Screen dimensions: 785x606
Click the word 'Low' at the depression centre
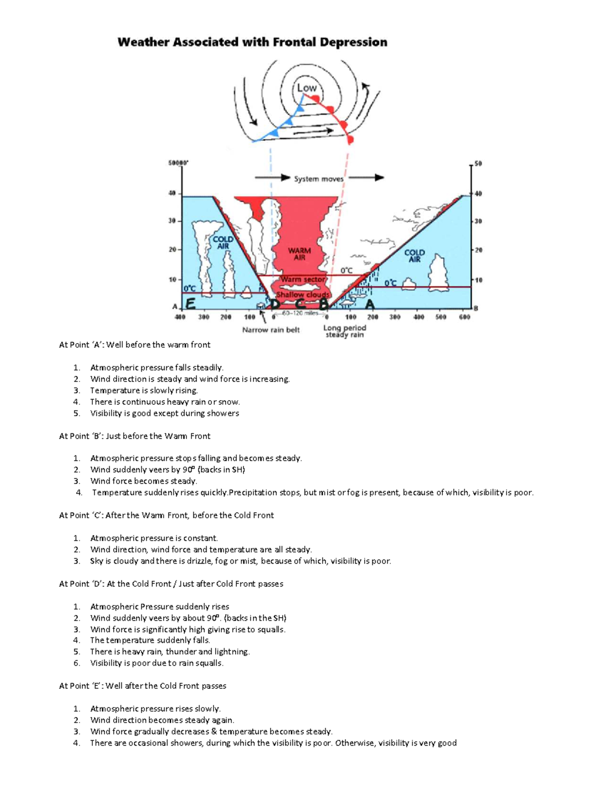click(307, 88)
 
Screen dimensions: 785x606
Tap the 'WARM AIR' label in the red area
click(299, 254)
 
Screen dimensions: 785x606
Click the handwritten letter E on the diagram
click(190, 304)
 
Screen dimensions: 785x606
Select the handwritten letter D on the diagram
click(274, 304)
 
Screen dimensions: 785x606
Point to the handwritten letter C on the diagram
click(299, 304)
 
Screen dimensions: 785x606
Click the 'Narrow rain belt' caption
click(271, 330)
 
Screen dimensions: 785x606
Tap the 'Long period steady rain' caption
click(344, 331)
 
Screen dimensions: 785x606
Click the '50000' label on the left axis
click(178, 163)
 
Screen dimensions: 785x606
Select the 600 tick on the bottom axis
click(465, 317)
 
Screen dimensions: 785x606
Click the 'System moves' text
click(319, 179)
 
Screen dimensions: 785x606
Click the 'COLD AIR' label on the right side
click(414, 256)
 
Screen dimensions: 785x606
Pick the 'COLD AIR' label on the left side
click(223, 243)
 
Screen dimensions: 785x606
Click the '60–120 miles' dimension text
click(300, 313)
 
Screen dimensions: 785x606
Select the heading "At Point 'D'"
click(81, 584)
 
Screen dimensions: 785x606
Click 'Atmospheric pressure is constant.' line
click(154, 538)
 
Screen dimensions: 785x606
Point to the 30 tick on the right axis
click(478, 221)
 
